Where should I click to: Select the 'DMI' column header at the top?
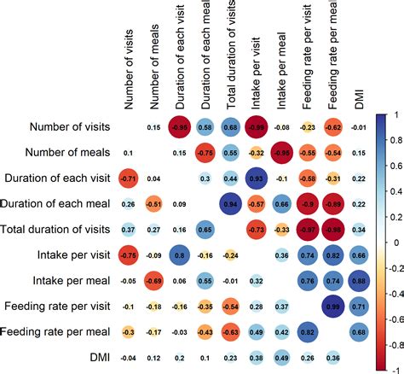coord(358,95)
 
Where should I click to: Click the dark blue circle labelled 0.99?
coord(333,306)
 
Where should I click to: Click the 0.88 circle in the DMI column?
coord(359,281)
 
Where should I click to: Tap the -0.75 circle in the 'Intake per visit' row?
coord(128,255)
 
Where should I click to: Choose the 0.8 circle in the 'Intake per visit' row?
coord(179,255)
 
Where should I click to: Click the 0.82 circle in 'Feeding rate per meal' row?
coord(308,331)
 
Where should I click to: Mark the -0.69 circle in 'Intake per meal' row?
coord(153,281)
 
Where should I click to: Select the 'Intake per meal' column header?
coord(282,68)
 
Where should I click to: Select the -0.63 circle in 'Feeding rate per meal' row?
coord(230,331)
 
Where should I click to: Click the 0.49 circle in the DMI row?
coord(281,357)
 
